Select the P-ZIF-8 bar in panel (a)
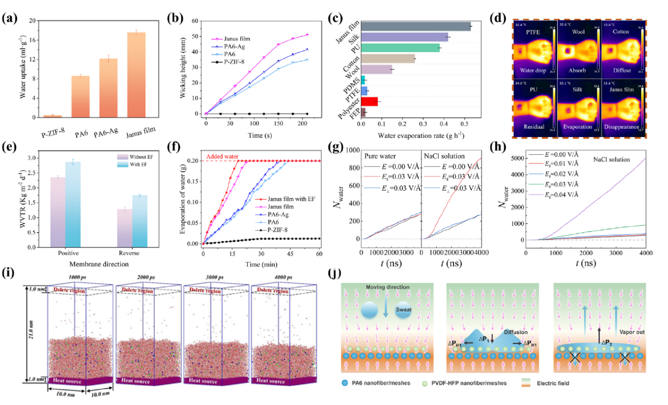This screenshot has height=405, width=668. pos(53,116)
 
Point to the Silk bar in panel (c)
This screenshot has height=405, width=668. pos(404,37)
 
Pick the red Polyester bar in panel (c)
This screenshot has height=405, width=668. pos(369,101)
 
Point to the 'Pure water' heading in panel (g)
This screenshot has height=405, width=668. pos(381,157)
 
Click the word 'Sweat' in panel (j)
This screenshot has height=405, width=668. pos(405,310)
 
